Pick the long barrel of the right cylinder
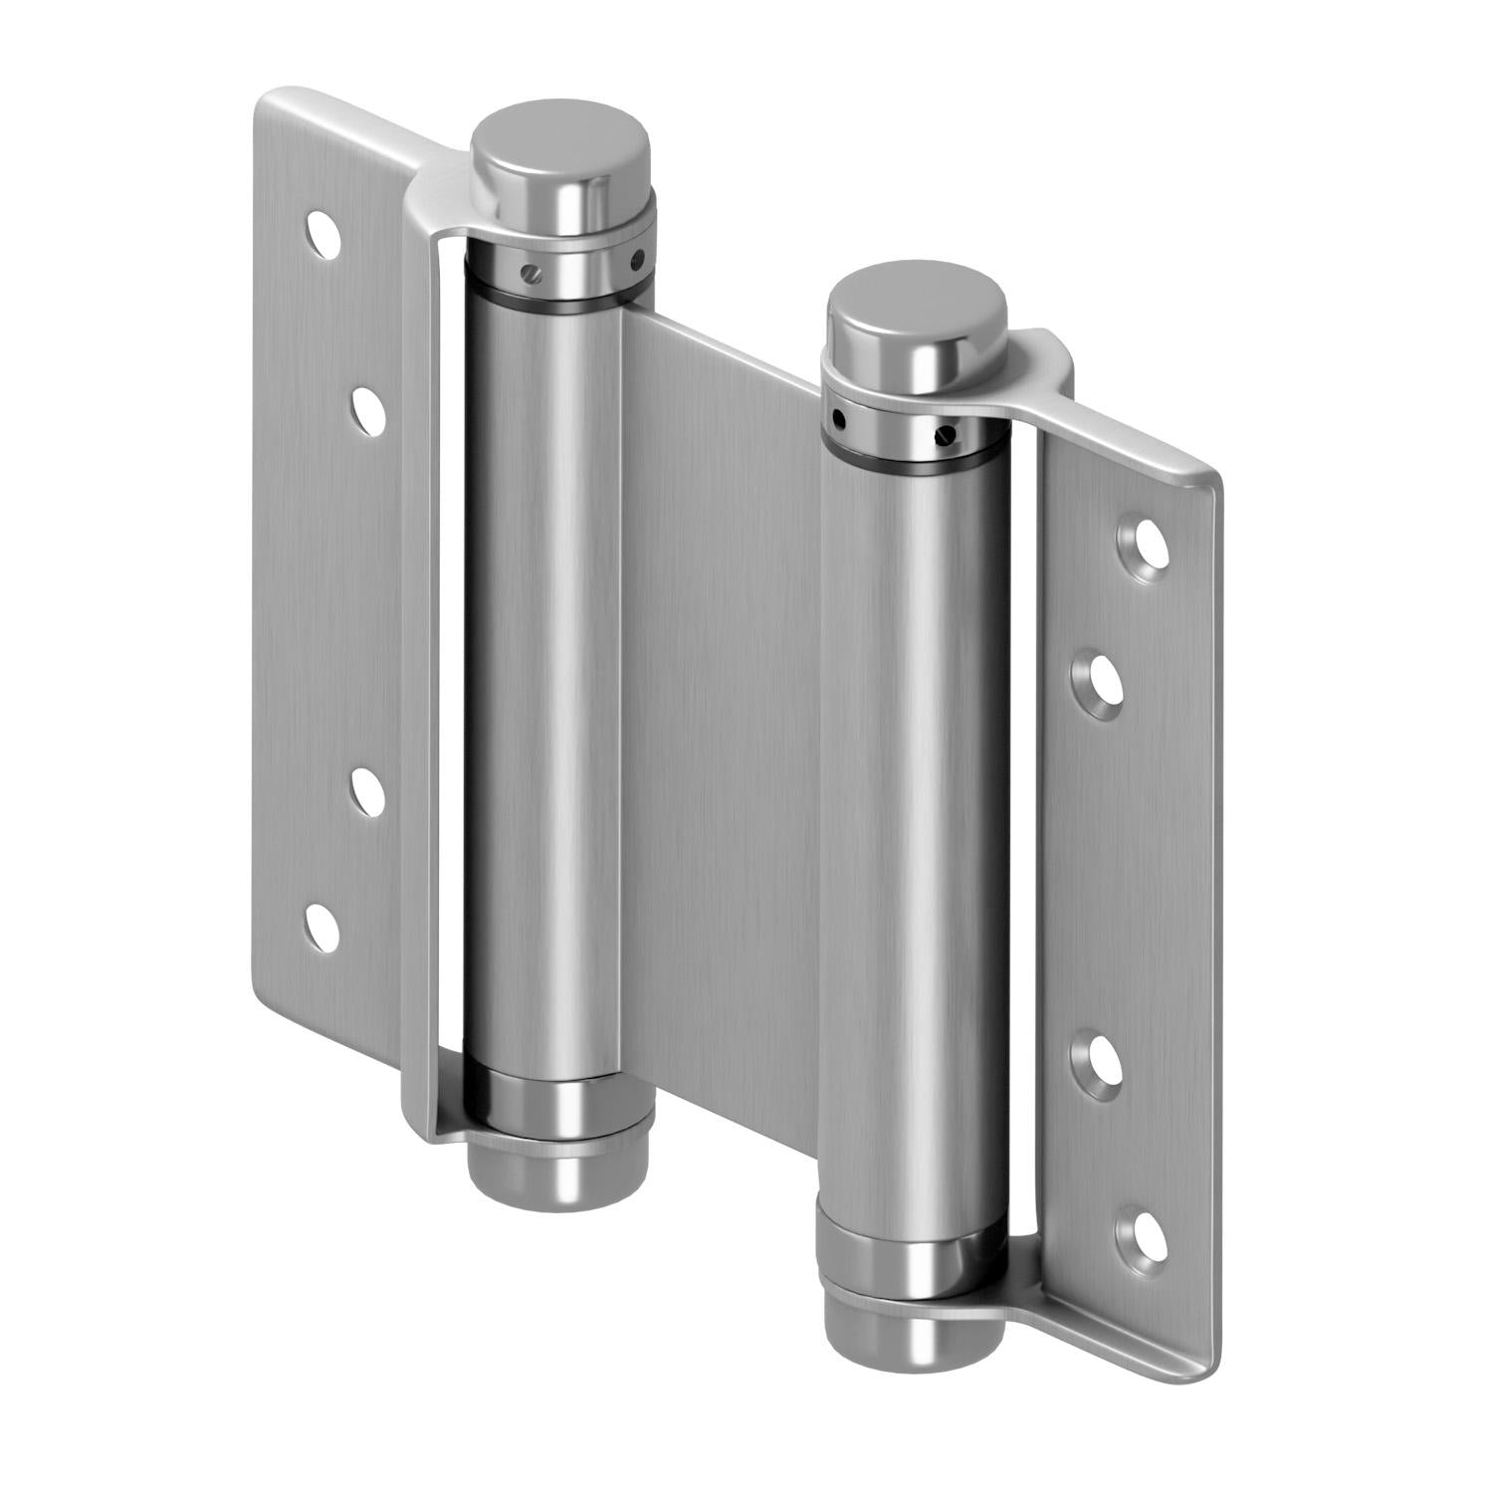[911, 836]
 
